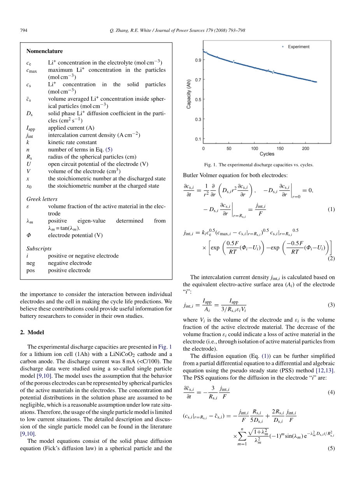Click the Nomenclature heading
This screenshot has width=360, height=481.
click(x=44, y=51)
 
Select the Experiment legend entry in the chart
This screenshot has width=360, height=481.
click(x=299, y=47)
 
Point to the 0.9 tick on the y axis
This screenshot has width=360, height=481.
click(x=198, y=60)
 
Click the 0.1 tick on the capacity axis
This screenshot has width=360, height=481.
click(x=198, y=139)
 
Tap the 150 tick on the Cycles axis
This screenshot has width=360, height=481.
click(x=280, y=148)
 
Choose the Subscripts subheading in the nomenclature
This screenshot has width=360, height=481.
click(x=39, y=248)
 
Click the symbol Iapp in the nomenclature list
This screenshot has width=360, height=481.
click(x=31, y=128)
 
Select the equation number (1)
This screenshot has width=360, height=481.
click(x=331, y=210)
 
